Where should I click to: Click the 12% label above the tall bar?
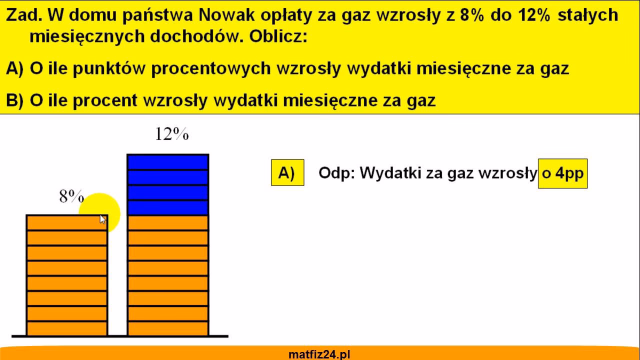coord(171,134)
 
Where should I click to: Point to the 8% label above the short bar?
coord(71,197)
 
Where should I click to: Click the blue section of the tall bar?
coord(167,184)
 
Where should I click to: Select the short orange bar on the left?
coord(66,275)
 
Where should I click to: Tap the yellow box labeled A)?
coord(287,173)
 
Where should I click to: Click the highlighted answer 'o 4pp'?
coord(562,173)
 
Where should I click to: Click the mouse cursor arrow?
coord(102,219)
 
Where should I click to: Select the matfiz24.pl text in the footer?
coord(319,354)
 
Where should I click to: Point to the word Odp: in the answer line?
coord(336,173)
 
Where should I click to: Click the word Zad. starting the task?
coord(24,15)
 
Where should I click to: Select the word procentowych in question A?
coord(210,68)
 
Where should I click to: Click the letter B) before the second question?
coord(15,100)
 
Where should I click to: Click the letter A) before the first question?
coord(15,68)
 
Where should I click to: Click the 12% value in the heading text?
coord(538,15)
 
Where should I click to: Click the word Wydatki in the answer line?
coord(390,173)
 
